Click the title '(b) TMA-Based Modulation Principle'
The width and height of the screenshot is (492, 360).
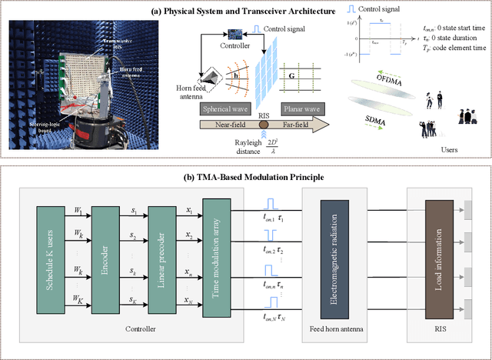(x=245, y=178)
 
